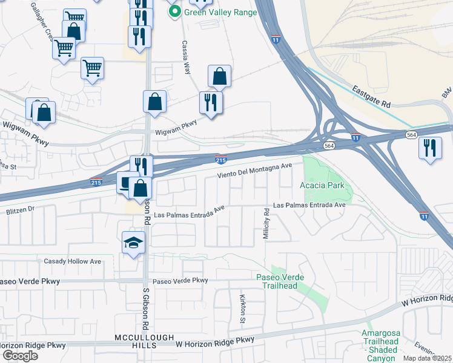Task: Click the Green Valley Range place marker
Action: point(175,11)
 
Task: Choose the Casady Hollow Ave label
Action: point(73,261)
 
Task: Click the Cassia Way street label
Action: point(187,58)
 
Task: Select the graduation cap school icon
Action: point(134,242)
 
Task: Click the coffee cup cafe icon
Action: point(127,181)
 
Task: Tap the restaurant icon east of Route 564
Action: point(430,148)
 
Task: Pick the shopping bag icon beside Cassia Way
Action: point(219,76)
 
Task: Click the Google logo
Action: point(19,355)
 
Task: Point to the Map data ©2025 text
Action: point(428,358)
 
